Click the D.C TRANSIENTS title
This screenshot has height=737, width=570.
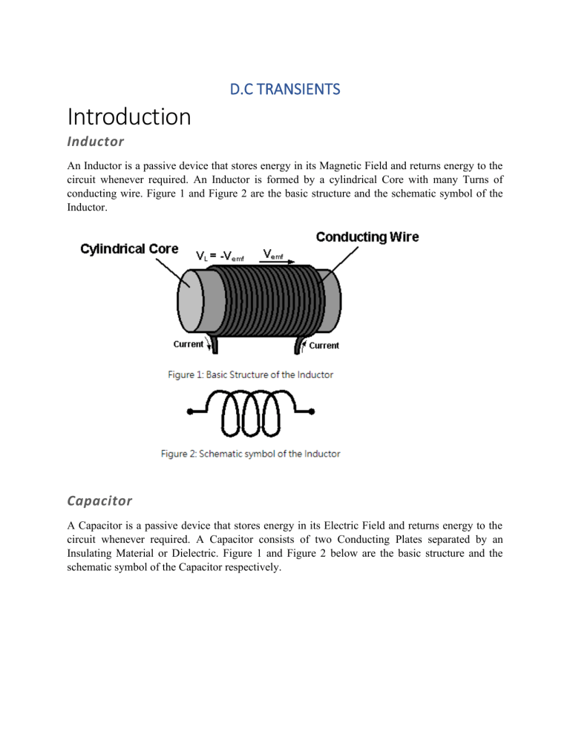(x=285, y=90)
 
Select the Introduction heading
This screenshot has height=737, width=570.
(x=129, y=117)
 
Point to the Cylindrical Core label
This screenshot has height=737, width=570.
(x=129, y=248)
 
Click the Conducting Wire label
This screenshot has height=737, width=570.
(x=367, y=237)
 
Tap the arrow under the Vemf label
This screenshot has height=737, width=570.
(x=280, y=262)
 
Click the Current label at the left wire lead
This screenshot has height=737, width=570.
(x=189, y=344)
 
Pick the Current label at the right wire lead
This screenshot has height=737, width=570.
(x=324, y=346)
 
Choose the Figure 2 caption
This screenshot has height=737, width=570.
(x=251, y=454)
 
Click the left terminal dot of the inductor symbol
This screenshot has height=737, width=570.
(x=190, y=412)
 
